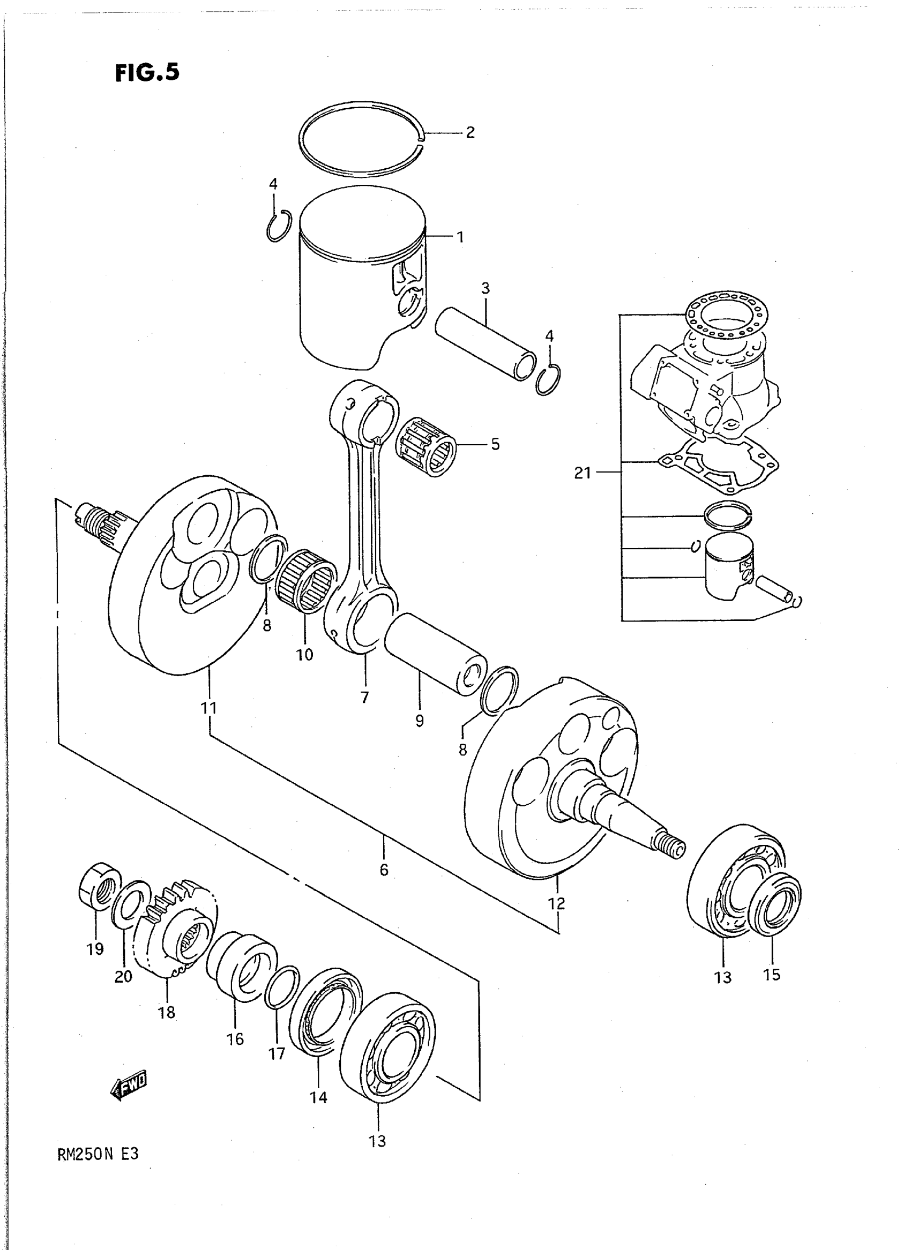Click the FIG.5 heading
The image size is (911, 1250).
tap(147, 72)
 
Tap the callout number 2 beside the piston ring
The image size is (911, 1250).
tap(469, 132)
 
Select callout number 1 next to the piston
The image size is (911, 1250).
tap(459, 237)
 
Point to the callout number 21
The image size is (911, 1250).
tap(583, 473)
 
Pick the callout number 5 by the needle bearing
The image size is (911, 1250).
tap(495, 444)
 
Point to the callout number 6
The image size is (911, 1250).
tap(384, 870)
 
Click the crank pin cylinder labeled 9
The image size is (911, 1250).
tap(436, 664)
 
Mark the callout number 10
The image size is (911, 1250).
tap(304, 655)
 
